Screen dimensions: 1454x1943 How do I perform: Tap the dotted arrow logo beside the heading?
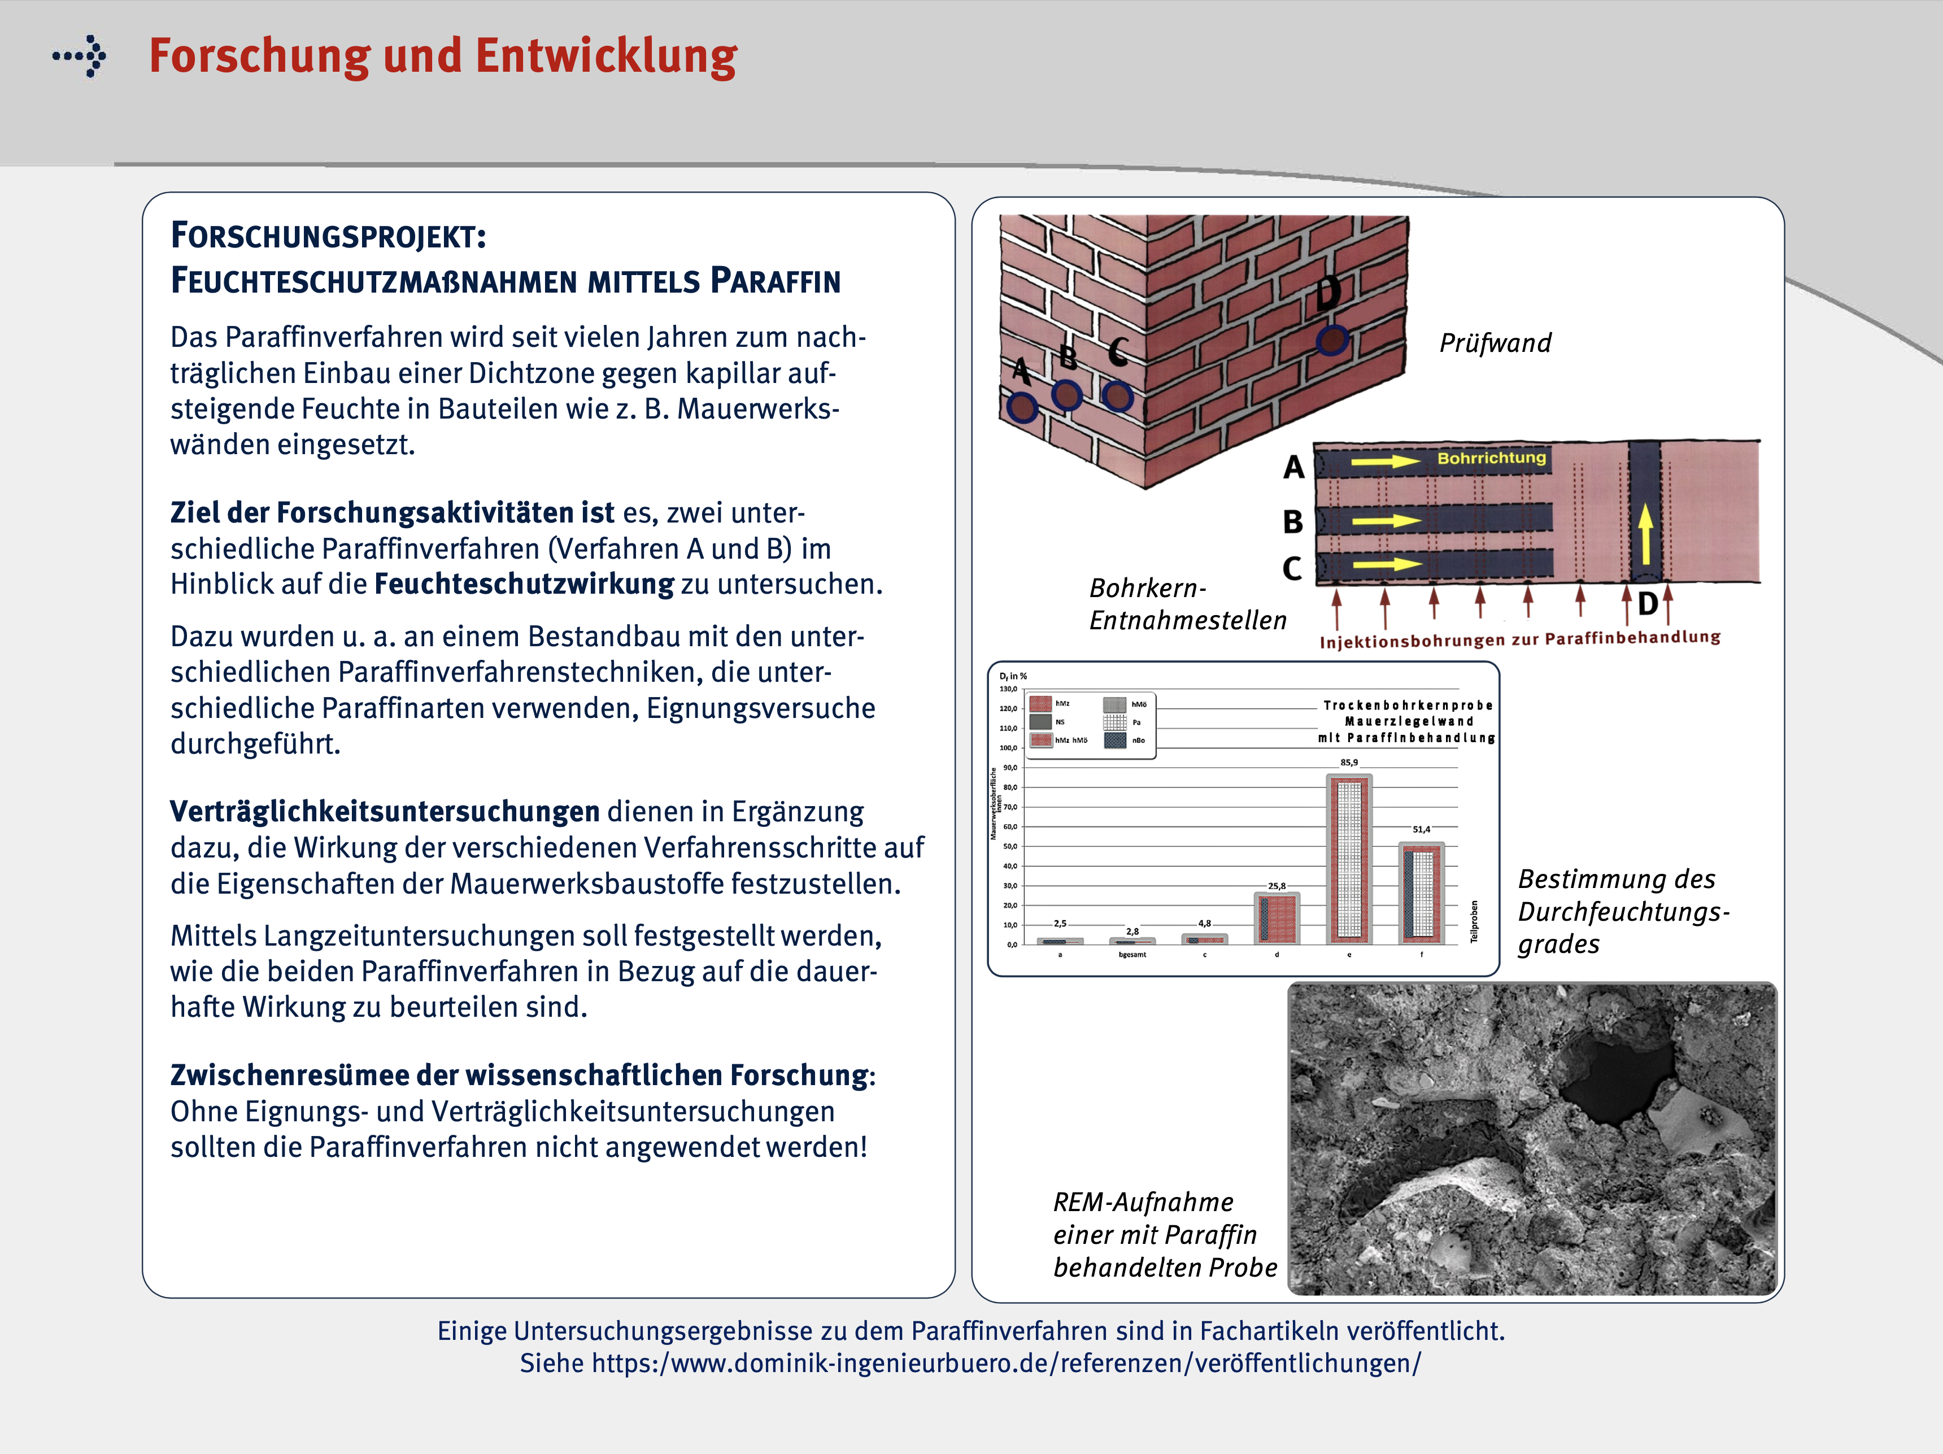click(81, 56)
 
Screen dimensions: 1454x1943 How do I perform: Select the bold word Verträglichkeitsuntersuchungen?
click(385, 811)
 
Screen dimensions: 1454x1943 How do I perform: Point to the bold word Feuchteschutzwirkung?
click(524, 584)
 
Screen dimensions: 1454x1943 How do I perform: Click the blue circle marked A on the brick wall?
click(1022, 407)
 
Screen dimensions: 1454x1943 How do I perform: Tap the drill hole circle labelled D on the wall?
click(1332, 339)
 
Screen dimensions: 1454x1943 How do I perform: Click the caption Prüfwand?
click(1495, 343)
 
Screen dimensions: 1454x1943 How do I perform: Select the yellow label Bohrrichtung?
click(1492, 458)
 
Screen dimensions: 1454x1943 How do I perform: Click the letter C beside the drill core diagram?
click(1291, 568)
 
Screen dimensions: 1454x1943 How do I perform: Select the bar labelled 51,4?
click(1421, 892)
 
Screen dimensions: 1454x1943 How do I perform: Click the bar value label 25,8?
click(1277, 886)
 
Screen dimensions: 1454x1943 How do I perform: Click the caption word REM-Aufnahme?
click(1143, 1202)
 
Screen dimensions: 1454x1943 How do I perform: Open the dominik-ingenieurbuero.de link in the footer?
click(1006, 1364)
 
